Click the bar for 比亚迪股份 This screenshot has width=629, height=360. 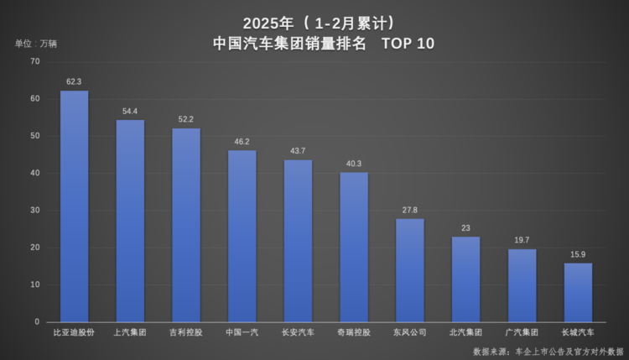(x=74, y=206)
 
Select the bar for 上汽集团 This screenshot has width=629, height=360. (x=130, y=221)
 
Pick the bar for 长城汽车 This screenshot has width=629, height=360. (x=578, y=292)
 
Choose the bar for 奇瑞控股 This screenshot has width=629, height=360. (x=354, y=247)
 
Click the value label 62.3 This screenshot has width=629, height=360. (x=74, y=82)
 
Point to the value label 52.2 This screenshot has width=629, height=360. (x=186, y=120)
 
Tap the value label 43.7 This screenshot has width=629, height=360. (x=298, y=151)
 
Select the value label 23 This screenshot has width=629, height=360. (x=465, y=228)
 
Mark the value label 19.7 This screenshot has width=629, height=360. (x=522, y=241)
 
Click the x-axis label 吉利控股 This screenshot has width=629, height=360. (x=186, y=332)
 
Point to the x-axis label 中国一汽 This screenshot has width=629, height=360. (x=242, y=332)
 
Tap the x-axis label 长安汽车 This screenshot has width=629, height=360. (x=298, y=332)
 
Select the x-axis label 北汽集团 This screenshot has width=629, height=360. (x=465, y=332)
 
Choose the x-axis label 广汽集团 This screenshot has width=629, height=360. (x=522, y=332)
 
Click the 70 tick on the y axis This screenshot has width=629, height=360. (x=34, y=62)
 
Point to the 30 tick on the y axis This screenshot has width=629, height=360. (x=34, y=211)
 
